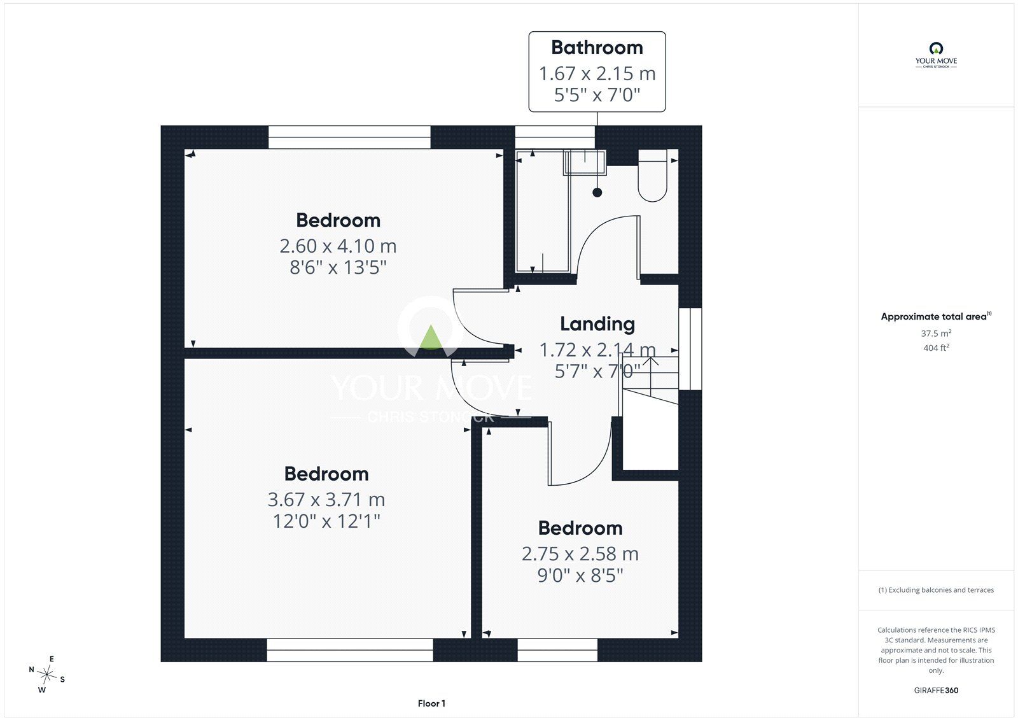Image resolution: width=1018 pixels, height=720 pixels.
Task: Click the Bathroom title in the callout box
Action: pyautogui.click(x=597, y=48)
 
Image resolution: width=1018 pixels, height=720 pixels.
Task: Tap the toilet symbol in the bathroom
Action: pyautogui.click(x=653, y=176)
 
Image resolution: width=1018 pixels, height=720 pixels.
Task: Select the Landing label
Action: pyautogui.click(x=597, y=324)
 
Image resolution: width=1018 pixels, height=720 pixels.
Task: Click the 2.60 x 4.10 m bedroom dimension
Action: pyautogui.click(x=338, y=246)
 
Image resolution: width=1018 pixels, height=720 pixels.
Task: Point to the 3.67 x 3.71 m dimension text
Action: pyautogui.click(x=326, y=499)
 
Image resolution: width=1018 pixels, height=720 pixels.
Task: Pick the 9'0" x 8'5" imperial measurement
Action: pyautogui.click(x=580, y=575)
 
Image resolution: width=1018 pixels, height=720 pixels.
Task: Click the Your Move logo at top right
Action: pyautogui.click(x=936, y=55)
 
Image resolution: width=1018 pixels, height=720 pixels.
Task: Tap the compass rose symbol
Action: pyautogui.click(x=47, y=675)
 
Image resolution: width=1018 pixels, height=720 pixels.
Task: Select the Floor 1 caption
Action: pyautogui.click(x=431, y=703)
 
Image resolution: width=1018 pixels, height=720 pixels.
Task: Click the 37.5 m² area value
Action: pyautogui.click(x=936, y=333)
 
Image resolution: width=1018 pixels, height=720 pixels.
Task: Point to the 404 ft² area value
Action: pyautogui.click(x=936, y=348)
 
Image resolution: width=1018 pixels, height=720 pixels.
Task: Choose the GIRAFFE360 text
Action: pyautogui.click(x=936, y=690)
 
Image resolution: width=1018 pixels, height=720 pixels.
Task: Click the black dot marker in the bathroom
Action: pyautogui.click(x=597, y=192)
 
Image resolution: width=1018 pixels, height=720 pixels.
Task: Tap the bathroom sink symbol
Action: pyautogui.click(x=585, y=162)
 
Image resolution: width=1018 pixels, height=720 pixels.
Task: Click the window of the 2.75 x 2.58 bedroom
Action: pyautogui.click(x=557, y=650)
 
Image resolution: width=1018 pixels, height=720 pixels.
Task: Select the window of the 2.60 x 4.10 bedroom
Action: pyautogui.click(x=349, y=137)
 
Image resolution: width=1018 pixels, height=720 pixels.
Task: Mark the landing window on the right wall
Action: pyautogui.click(x=690, y=349)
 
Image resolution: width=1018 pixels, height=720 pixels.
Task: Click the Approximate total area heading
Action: pyautogui.click(x=936, y=316)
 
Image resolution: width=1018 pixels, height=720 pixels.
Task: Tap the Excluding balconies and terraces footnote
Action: pyautogui.click(x=936, y=590)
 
